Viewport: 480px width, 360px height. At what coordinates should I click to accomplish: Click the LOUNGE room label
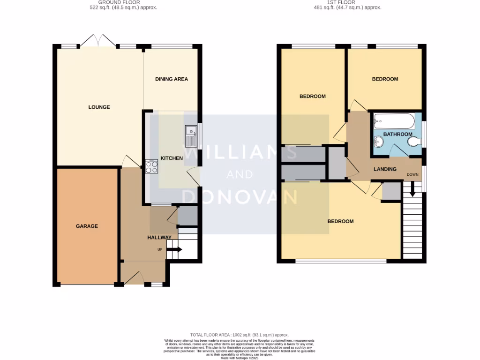(99, 107)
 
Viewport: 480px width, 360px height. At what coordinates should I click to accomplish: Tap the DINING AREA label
(172, 79)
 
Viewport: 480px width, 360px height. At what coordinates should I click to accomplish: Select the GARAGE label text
(87, 226)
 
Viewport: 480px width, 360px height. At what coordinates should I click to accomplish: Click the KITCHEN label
(172, 158)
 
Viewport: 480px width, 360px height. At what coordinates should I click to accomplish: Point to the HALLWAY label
(159, 238)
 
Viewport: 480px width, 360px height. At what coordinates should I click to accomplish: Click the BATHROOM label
(397, 135)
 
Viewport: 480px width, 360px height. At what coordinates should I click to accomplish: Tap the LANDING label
(385, 169)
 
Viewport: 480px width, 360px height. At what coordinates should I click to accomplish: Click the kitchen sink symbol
(191, 135)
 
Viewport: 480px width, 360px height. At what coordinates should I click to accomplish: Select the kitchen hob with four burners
(151, 166)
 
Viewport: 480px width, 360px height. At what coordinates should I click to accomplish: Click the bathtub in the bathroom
(394, 122)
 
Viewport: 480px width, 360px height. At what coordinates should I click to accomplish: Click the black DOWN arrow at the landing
(412, 189)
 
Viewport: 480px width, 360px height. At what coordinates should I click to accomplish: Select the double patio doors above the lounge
(97, 41)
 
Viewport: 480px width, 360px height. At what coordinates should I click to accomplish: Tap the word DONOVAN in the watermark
(240, 196)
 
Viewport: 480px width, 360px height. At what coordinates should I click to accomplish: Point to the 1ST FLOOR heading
(347, 2)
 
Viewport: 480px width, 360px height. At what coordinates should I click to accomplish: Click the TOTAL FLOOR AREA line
(240, 335)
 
